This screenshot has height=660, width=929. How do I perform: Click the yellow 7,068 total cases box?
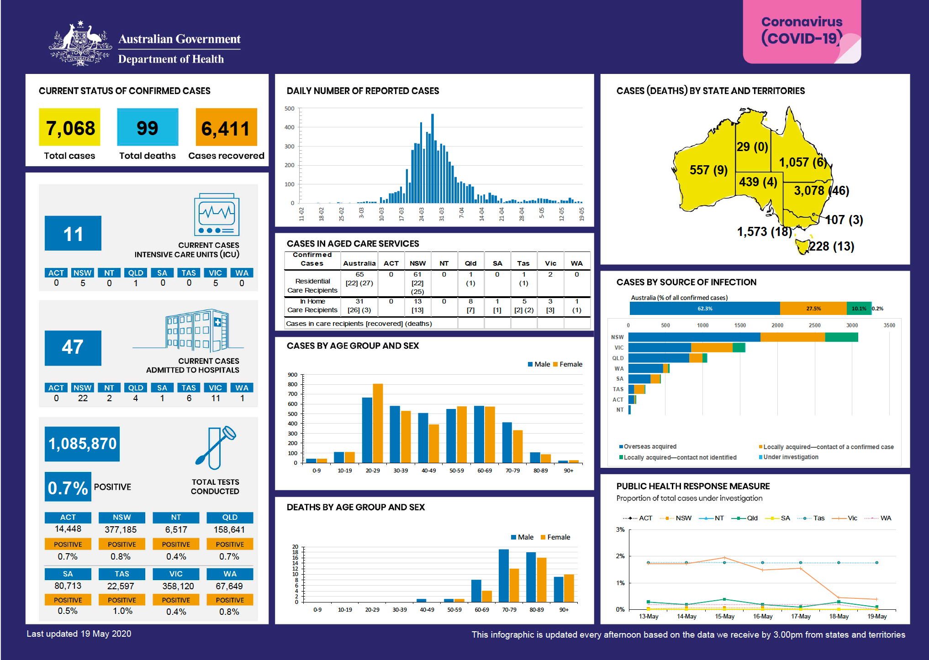click(x=69, y=127)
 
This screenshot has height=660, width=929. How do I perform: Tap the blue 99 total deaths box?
click(x=147, y=127)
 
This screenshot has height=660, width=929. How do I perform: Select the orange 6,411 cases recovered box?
click(x=226, y=127)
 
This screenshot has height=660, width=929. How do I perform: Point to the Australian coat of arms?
click(x=80, y=44)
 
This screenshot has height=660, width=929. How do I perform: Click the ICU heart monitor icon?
click(x=216, y=215)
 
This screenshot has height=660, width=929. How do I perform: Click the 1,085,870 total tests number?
click(x=82, y=444)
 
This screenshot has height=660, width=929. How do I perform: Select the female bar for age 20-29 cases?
click(x=378, y=423)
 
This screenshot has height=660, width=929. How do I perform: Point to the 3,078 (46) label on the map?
click(x=821, y=190)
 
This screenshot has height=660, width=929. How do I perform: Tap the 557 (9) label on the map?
click(x=708, y=170)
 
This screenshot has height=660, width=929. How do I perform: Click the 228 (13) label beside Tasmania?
click(x=831, y=246)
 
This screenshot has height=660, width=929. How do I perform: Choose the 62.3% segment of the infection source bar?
click(x=704, y=309)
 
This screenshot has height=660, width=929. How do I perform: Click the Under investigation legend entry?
click(x=790, y=457)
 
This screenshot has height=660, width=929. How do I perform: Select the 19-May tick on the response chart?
click(x=876, y=616)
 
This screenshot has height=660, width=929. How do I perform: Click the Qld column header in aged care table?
click(x=470, y=263)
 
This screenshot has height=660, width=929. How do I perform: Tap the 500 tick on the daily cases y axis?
click(x=290, y=109)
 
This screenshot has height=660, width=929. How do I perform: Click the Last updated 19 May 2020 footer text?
click(x=79, y=634)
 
